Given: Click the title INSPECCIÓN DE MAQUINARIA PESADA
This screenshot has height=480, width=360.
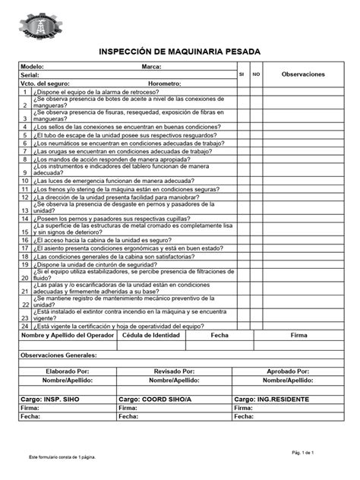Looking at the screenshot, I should tap(179, 50).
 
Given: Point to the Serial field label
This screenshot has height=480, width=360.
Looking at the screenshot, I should tap(30, 75).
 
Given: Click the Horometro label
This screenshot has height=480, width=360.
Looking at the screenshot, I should tap(165, 83).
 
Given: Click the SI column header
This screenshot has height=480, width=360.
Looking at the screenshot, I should tap(242, 74).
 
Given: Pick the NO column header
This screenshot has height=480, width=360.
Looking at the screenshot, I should tap(256, 74).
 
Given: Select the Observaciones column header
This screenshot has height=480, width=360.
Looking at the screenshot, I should tap(302, 74).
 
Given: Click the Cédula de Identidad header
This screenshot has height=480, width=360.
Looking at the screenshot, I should tap(152, 334).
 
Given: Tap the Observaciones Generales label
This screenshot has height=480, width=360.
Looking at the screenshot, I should tap(58, 355).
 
